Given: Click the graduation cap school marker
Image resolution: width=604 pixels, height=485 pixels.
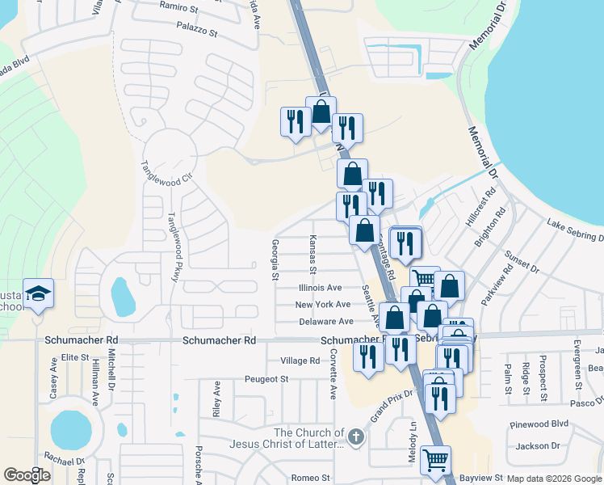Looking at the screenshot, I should (38, 294).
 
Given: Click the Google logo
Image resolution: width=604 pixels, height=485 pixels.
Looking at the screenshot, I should (27, 474).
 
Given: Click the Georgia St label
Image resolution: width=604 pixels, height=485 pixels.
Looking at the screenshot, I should (275, 260).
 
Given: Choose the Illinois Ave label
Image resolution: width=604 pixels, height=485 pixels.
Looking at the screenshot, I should (320, 287).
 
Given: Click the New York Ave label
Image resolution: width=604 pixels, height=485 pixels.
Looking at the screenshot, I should (322, 304).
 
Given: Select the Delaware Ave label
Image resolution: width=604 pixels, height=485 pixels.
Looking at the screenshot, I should (325, 321).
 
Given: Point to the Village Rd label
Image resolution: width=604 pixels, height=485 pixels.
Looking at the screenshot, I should (300, 361).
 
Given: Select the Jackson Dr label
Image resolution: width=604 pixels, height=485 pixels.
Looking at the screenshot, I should (538, 445).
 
